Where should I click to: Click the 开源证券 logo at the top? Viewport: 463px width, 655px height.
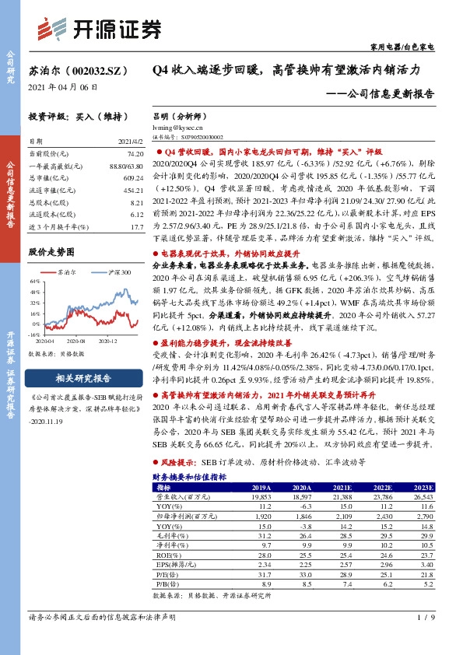[x=100, y=29]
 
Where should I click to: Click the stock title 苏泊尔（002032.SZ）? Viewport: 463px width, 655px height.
[x=77, y=70]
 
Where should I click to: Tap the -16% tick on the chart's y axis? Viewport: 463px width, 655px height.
[x=35, y=333]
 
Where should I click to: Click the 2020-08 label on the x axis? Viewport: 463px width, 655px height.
[x=75, y=341]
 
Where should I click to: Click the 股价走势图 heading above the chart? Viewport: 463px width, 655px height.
[x=51, y=253]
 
